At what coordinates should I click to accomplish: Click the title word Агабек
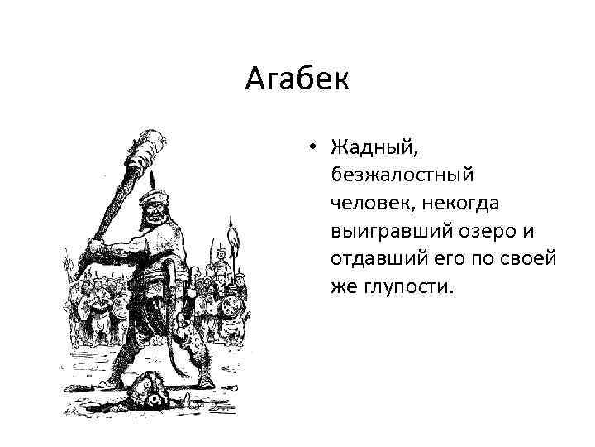pos(297,79)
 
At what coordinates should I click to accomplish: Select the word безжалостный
pos(402,175)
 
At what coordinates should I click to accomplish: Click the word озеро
pos(480,229)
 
